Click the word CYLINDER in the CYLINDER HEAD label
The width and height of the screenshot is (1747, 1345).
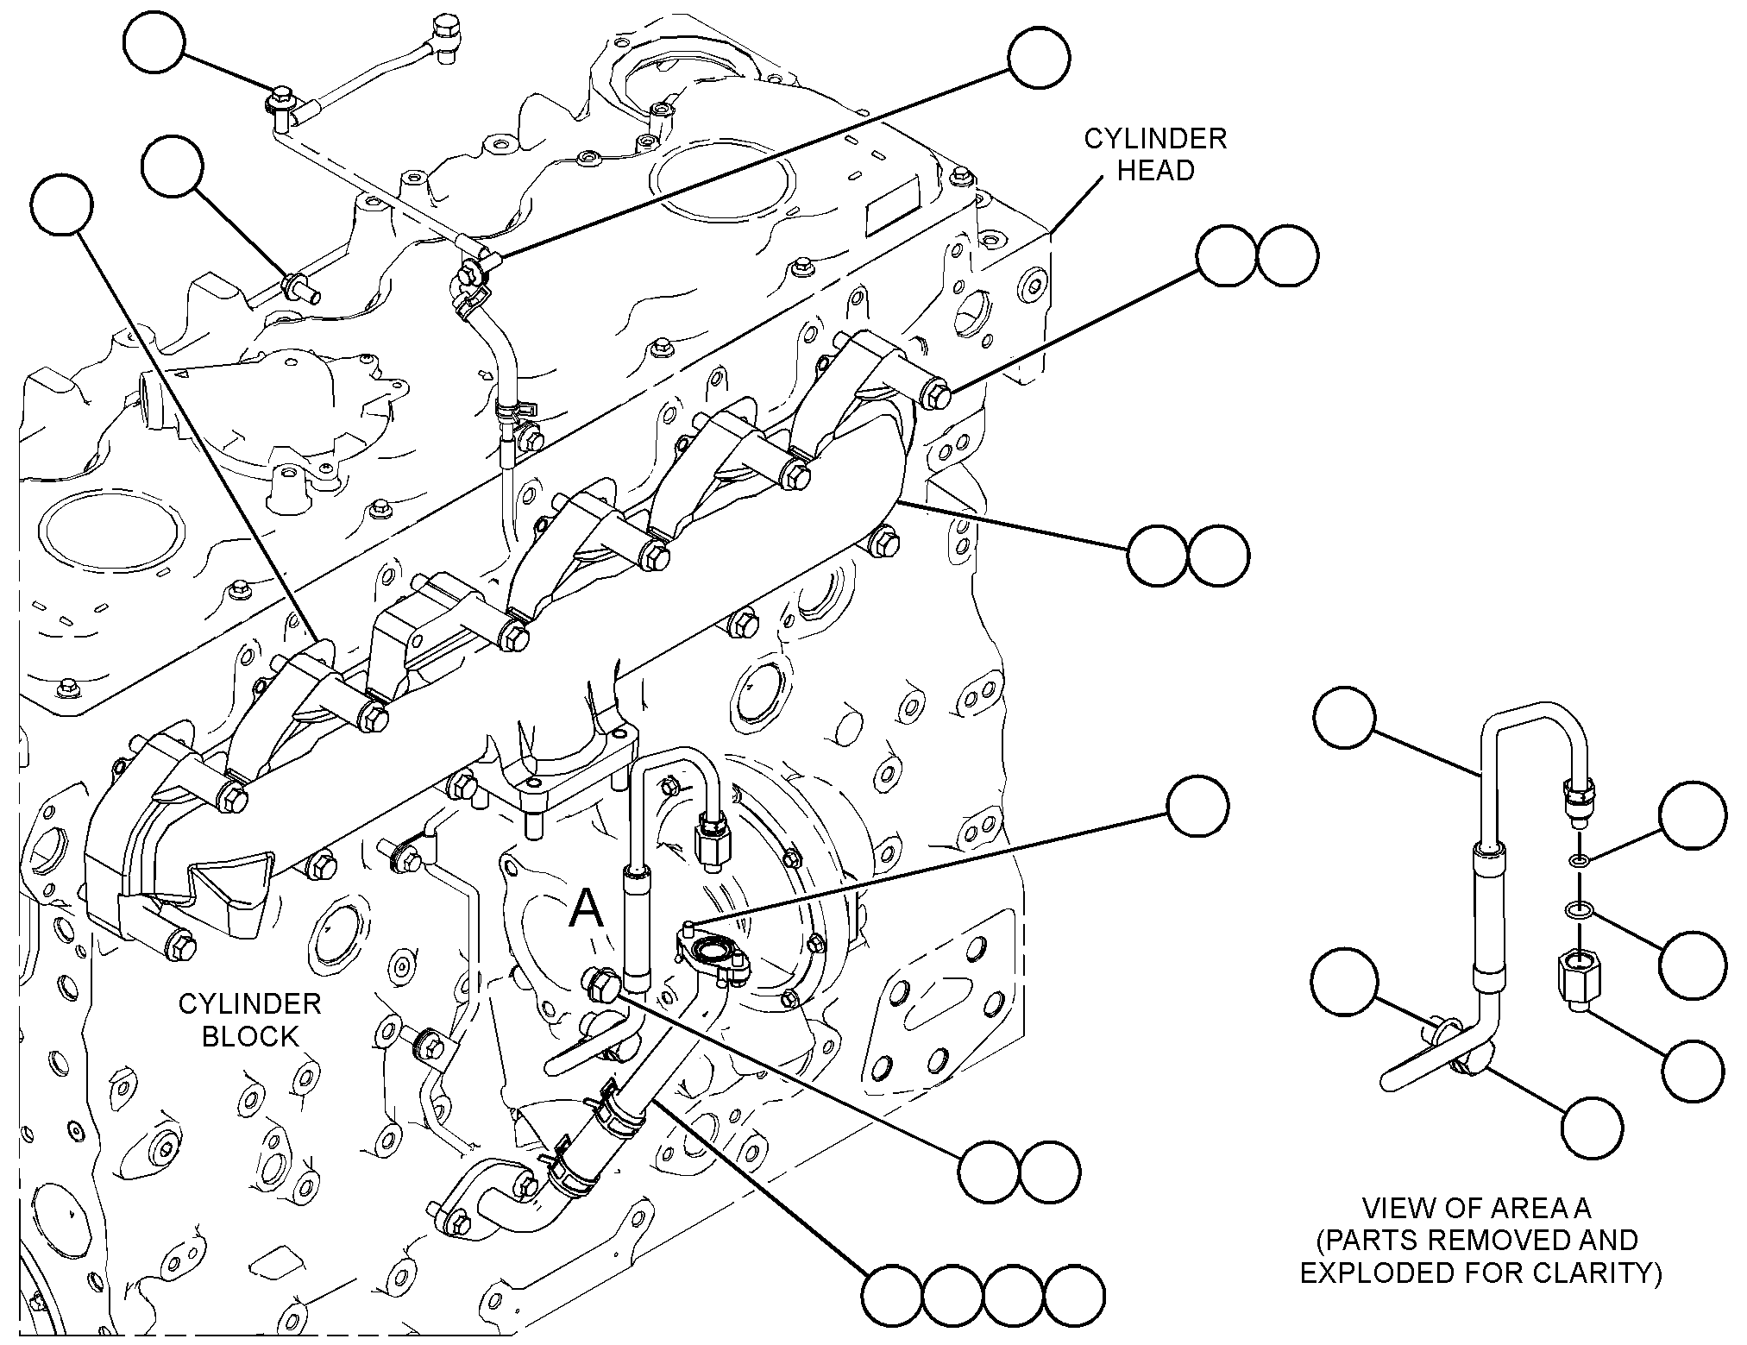(1155, 138)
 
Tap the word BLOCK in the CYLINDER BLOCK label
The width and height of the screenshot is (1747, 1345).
(250, 1035)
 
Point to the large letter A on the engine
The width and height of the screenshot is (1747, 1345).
(587, 908)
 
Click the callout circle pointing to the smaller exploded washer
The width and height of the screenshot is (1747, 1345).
(1694, 814)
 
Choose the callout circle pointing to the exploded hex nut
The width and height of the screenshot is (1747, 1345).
(1693, 1070)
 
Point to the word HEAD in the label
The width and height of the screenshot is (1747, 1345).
(1156, 170)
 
